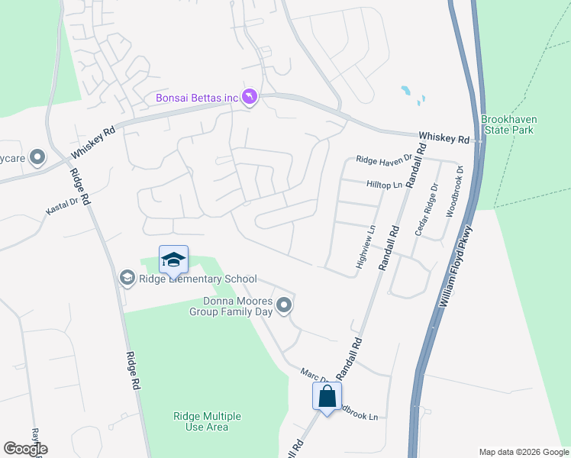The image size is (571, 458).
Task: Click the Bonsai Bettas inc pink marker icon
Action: (250, 97)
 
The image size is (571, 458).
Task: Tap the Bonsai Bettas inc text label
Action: (197, 98)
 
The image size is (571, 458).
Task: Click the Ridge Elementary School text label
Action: (198, 279)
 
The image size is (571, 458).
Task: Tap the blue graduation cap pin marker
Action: (173, 260)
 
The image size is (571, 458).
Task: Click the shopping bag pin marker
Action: (327, 396)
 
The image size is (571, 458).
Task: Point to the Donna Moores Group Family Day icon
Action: (284, 306)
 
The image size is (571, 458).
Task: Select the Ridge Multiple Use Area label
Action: (207, 421)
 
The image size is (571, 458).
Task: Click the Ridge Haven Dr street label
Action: (384, 159)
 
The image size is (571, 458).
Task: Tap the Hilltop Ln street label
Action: (384, 185)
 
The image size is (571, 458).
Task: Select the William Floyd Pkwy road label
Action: (457, 265)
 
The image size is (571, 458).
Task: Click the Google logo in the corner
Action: (25, 449)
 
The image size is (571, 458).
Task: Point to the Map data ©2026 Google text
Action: (523, 451)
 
